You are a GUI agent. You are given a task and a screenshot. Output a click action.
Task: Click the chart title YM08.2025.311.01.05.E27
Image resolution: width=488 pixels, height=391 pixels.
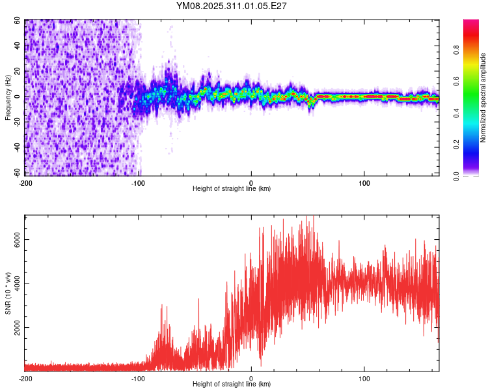pyautogui.click(x=232, y=6)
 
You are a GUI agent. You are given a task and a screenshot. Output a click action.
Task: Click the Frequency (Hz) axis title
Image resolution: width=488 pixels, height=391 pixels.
pyautogui.click(x=8, y=97)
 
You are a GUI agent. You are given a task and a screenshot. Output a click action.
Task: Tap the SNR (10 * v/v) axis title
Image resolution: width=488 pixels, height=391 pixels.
pyautogui.click(x=8, y=293)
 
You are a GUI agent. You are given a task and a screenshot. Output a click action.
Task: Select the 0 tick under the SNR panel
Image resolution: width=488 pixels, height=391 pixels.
pyautogui.click(x=251, y=378)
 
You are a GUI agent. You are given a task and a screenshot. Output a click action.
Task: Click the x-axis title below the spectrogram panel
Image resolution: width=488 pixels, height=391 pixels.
pyautogui.click(x=232, y=189)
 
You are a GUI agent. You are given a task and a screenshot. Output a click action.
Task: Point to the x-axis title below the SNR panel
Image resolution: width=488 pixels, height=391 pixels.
pyautogui.click(x=232, y=384)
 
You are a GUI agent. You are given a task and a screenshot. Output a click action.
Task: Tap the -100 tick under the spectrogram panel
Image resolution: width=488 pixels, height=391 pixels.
pyautogui.click(x=138, y=182)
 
